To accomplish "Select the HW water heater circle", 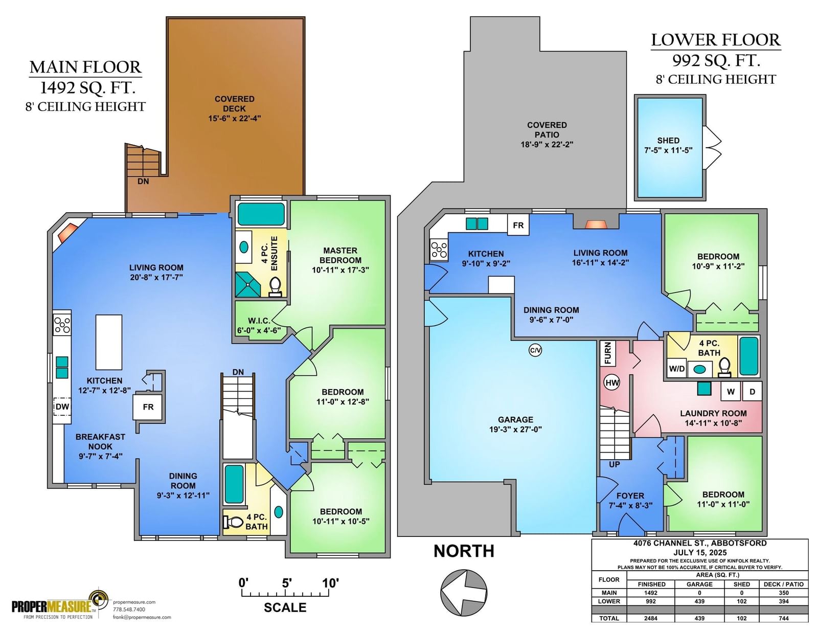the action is (612, 383).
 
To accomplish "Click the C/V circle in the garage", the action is (535, 350).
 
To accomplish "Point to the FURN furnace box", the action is (608, 353).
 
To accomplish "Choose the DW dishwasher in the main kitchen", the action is (62, 407).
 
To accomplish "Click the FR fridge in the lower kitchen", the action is (518, 225).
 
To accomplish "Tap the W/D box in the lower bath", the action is (677, 369).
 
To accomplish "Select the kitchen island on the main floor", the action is (109, 342).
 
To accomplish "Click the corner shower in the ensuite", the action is (247, 285).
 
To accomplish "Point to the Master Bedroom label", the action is (340, 255).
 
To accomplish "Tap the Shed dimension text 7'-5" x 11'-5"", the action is (668, 150).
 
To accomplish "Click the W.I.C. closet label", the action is (259, 321).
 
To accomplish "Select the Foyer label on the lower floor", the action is (630, 496).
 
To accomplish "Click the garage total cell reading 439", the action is (699, 618).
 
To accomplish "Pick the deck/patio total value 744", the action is (784, 618).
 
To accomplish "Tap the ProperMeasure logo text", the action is (52, 606).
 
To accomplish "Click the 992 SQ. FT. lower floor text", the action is (716, 61).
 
